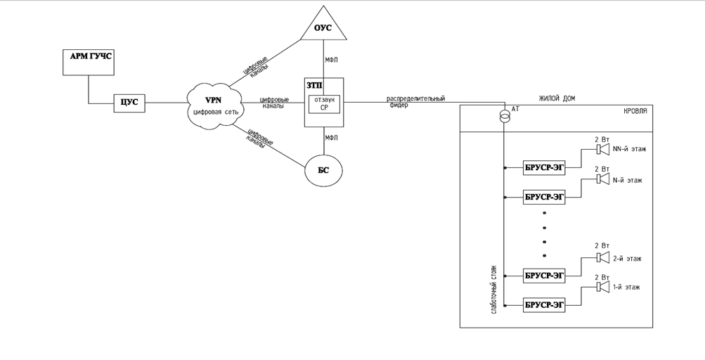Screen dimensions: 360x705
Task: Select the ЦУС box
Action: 129,103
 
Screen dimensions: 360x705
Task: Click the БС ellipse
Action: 323,170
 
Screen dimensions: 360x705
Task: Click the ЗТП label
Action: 314,85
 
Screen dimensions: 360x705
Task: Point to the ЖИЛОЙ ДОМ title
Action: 557,98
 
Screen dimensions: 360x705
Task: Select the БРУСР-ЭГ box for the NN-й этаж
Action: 544,168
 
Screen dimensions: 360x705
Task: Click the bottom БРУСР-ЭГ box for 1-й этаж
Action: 544,304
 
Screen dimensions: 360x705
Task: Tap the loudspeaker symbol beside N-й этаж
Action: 602,179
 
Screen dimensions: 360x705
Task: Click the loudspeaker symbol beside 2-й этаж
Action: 602,258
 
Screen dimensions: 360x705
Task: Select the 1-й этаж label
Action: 627,288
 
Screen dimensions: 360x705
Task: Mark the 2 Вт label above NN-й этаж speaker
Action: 602,139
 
